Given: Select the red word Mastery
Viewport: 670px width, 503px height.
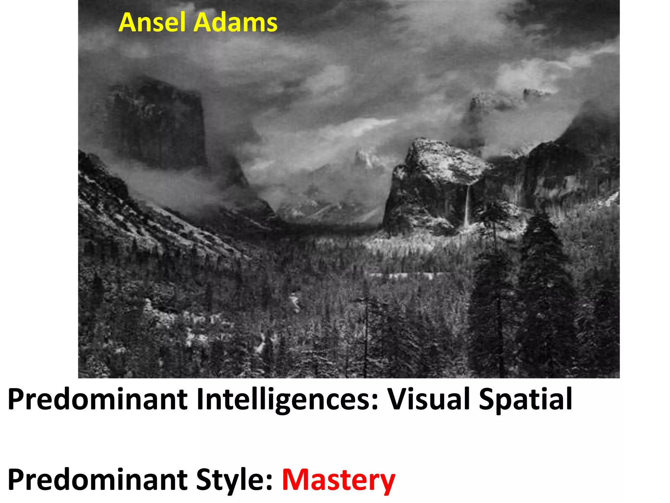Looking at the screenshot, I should (339, 481).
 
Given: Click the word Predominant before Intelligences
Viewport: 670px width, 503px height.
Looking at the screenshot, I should (97, 399).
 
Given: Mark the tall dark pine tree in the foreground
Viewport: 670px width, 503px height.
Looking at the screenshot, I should (545, 295).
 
